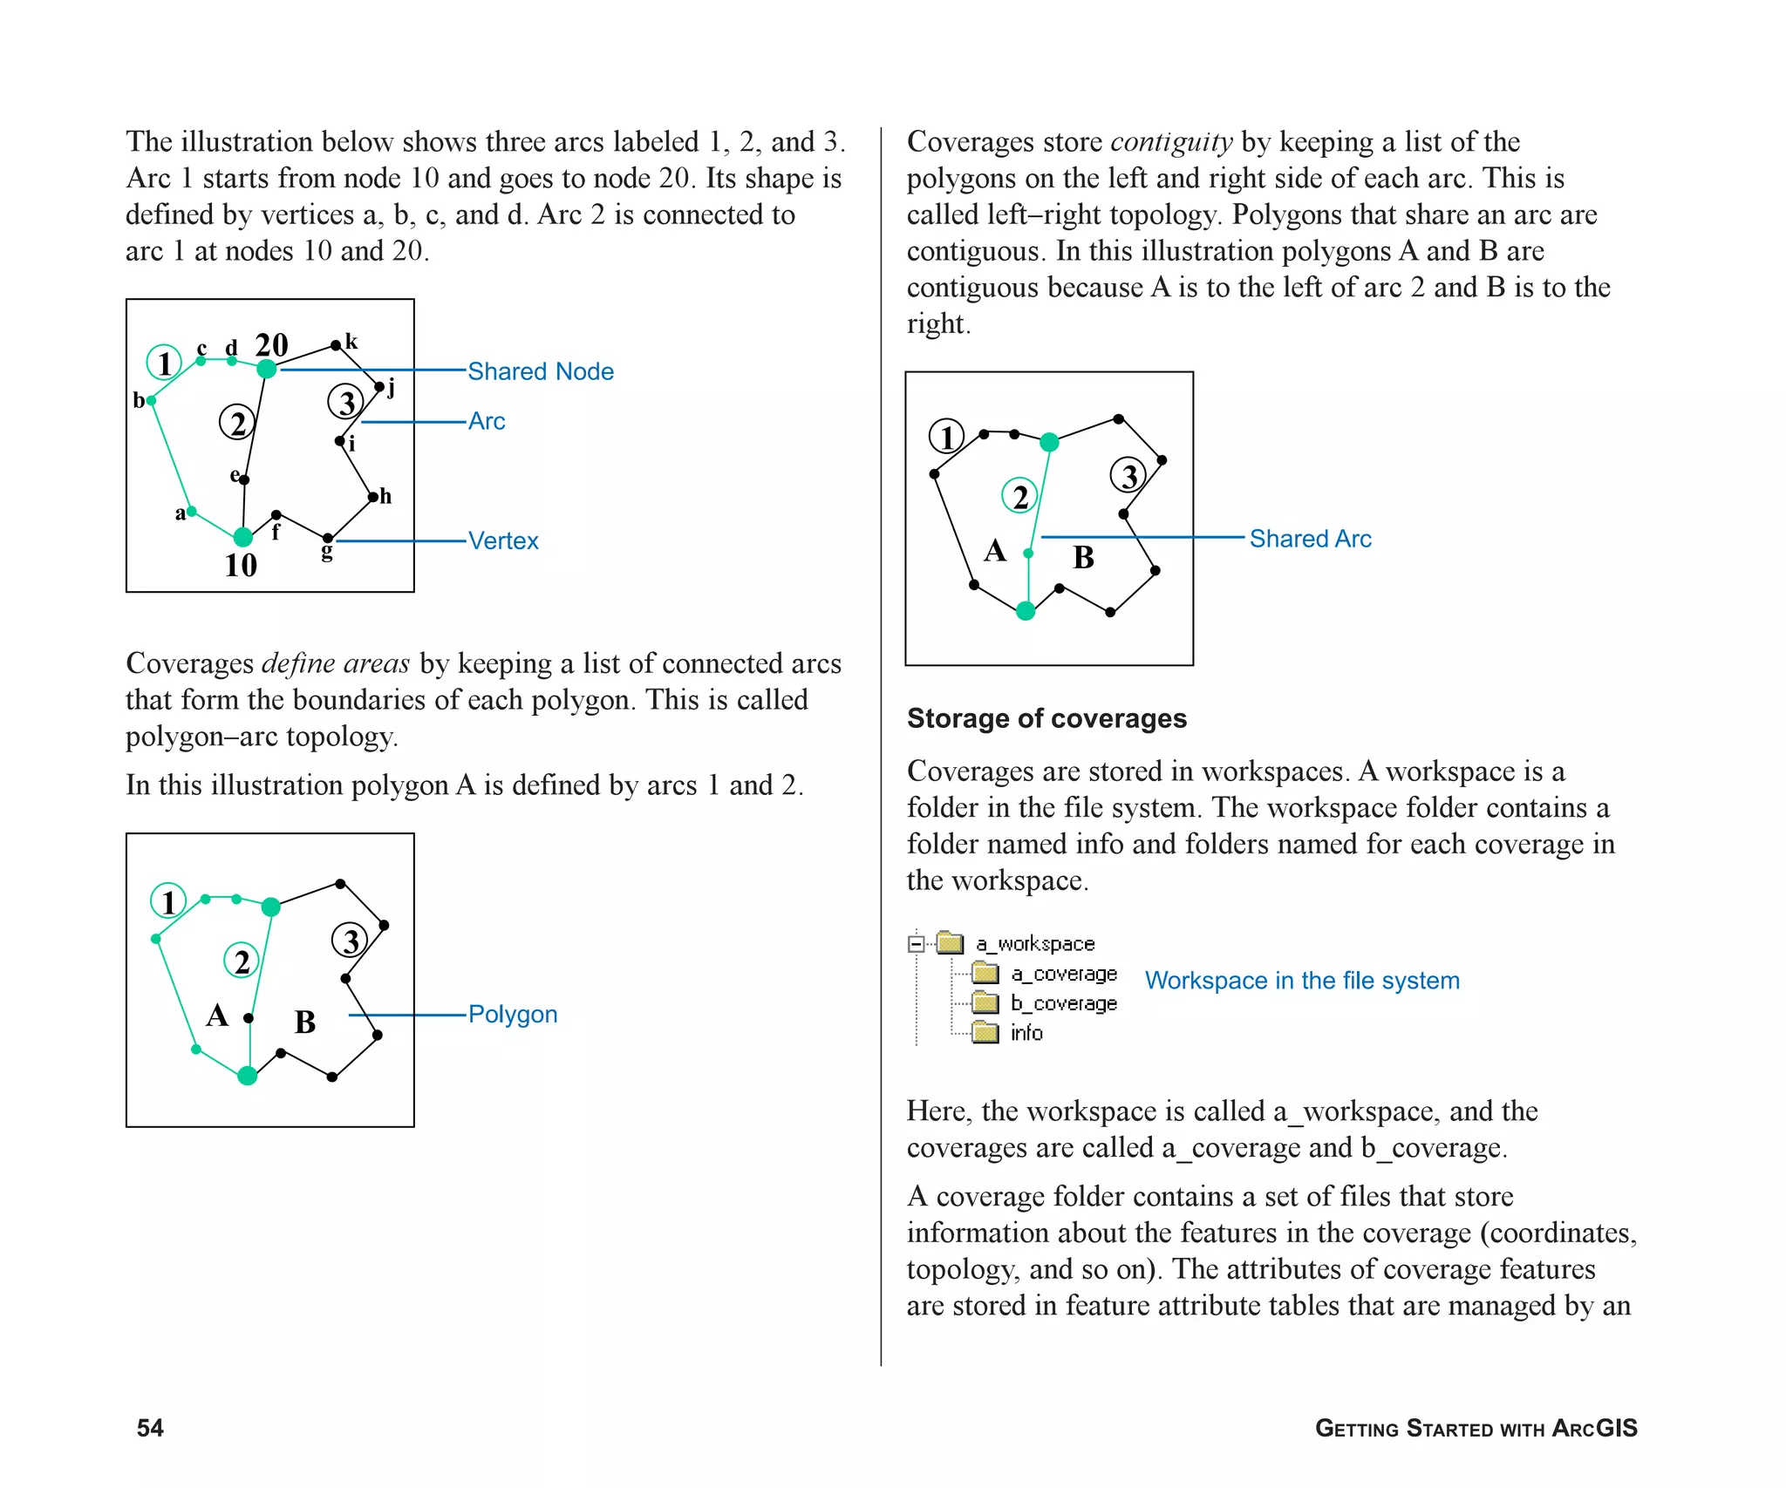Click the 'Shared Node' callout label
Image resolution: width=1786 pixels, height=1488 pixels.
point(540,371)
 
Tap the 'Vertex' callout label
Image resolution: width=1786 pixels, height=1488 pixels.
point(503,540)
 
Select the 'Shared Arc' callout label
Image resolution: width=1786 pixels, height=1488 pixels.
point(1309,539)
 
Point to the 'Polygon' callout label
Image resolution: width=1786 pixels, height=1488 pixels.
point(512,1014)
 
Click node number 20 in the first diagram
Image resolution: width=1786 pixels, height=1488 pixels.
point(271,345)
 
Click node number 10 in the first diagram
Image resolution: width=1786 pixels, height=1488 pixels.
point(241,565)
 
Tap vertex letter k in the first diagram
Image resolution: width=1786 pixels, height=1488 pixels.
point(351,341)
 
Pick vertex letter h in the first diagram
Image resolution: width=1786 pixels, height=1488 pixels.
point(385,497)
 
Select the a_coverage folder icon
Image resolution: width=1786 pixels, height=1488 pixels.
point(985,973)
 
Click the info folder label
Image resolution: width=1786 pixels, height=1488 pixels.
point(1026,1033)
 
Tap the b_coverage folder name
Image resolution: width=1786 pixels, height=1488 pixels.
point(1064,1003)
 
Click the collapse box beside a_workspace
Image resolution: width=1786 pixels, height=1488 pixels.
point(916,943)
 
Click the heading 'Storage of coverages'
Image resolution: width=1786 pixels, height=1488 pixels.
point(1046,718)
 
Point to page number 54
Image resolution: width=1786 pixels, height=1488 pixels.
point(150,1427)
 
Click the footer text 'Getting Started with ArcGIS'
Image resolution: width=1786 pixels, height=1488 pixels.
point(1476,1428)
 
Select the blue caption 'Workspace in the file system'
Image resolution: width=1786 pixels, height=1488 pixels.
point(1301,981)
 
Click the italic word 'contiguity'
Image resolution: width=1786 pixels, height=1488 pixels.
point(1171,141)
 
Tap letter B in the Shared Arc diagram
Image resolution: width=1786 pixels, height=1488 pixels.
point(1083,557)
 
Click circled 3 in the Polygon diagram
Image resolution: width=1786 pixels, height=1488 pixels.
point(351,941)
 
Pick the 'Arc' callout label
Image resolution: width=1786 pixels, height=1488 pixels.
point(487,421)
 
